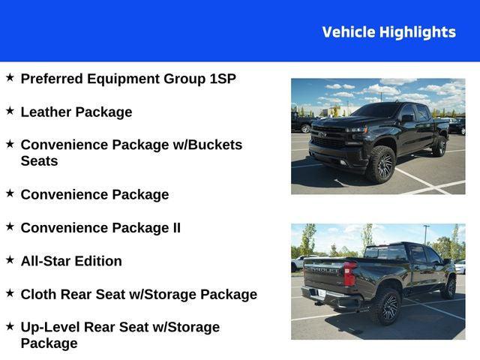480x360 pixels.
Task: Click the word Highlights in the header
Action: click(418, 32)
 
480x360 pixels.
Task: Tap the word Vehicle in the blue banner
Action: click(349, 32)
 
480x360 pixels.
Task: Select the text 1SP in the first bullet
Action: click(223, 79)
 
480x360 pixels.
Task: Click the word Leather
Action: click(46, 112)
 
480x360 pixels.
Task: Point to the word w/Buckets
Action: click(208, 145)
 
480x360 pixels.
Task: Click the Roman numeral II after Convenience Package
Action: click(177, 228)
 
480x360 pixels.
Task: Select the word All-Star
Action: click(46, 261)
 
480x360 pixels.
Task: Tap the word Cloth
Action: click(38, 295)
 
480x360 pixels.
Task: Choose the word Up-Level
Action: click(50, 328)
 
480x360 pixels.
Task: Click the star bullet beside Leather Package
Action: click(10, 110)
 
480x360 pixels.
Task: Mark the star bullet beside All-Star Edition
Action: click(10, 259)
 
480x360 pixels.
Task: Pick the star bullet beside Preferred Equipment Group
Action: click(10, 77)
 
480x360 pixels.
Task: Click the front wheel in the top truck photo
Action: click(382, 164)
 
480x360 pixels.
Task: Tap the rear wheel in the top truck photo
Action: click(439, 146)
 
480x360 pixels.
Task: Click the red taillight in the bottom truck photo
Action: click(349, 273)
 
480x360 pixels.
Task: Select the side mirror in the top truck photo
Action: click(408, 118)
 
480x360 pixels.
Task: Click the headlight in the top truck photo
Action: click(357, 130)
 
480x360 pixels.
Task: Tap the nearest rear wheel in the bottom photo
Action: click(387, 307)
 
